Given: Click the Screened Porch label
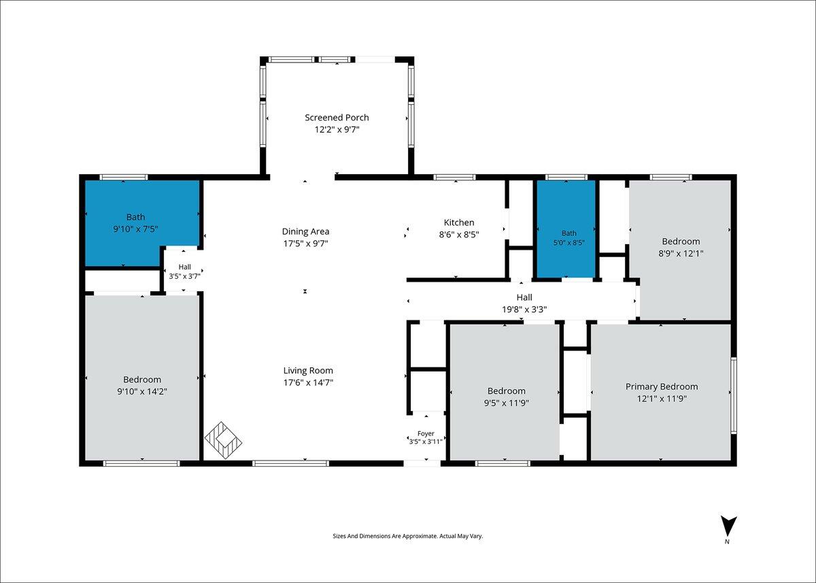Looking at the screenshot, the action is click(337, 118).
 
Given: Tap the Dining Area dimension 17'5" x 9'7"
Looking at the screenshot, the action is click(305, 244).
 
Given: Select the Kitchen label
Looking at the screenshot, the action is click(459, 222).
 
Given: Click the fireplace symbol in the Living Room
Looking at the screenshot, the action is click(223, 440).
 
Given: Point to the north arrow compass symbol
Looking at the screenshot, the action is click(728, 526).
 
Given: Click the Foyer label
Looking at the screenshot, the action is click(426, 433).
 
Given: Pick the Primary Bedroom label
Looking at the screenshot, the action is click(662, 386).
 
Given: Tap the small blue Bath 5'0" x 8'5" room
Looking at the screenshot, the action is click(566, 229).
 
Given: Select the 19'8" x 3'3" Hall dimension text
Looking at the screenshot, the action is click(524, 310).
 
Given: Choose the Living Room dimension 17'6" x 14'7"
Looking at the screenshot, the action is click(308, 382).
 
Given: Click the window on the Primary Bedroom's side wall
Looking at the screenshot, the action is click(734, 395).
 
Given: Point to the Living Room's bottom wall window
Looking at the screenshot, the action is click(291, 463).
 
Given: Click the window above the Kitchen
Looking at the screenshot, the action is click(454, 178).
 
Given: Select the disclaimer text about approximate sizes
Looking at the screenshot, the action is click(407, 536).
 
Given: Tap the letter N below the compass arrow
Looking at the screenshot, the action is click(727, 542).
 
